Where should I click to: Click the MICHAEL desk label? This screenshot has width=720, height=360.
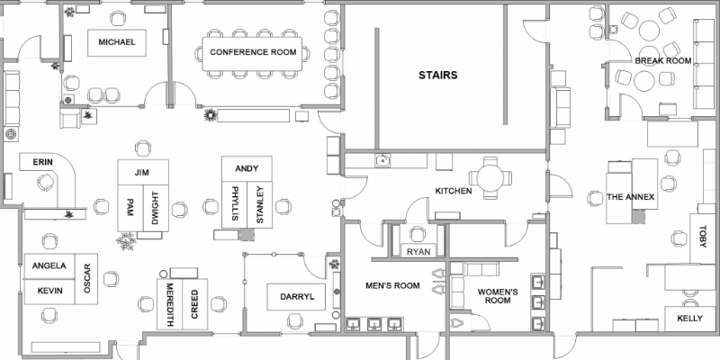point(116,42)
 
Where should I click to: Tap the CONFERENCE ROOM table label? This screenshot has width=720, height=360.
point(253,52)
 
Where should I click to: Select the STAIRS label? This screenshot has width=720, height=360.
point(437,76)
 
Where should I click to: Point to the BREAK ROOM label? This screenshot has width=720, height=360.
point(662,61)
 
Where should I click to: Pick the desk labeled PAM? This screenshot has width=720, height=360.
point(130,208)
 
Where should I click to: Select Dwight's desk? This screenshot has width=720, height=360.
point(154,208)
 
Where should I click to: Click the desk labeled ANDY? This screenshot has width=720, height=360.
point(247,168)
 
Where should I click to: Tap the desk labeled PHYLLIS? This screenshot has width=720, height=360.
point(235,205)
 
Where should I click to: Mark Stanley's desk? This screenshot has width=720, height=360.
point(259,205)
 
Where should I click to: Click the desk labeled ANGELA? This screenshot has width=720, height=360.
point(49,266)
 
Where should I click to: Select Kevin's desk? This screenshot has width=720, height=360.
point(49,292)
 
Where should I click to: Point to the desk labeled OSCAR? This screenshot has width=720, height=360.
point(86,278)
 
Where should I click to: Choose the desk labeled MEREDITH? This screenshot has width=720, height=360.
point(169,303)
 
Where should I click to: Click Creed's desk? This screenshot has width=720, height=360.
point(193,303)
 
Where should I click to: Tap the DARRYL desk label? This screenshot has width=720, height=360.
point(296,296)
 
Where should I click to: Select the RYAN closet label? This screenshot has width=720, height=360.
point(418,252)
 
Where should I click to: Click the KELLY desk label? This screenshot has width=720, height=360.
point(689,319)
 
